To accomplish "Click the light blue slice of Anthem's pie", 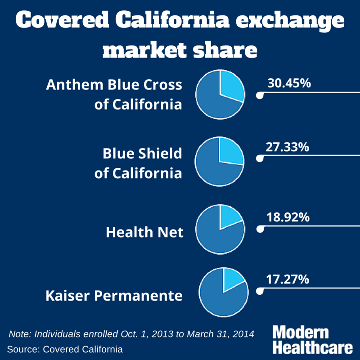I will coord(230,86).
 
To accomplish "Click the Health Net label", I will coord(144,232).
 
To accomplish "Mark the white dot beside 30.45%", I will coord(259,95).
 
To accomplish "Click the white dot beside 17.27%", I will coord(259,292).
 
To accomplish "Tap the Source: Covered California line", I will coord(65,349).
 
